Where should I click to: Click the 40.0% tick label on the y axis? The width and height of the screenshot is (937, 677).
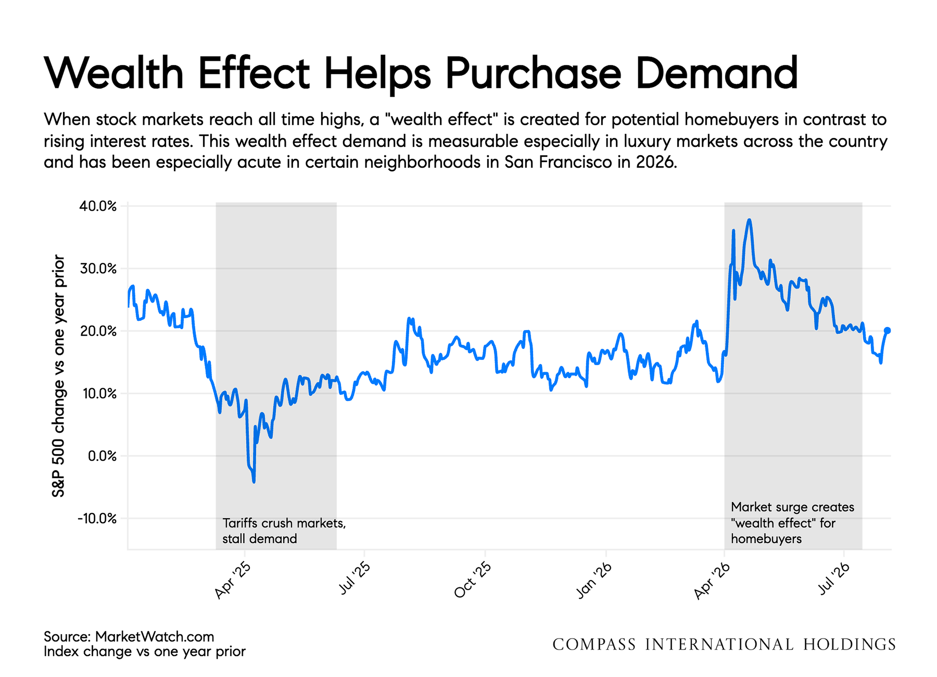pyautogui.click(x=98, y=206)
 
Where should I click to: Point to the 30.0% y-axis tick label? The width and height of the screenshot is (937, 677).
pyautogui.click(x=98, y=269)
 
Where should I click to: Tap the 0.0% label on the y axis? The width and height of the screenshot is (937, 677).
pyautogui.click(x=102, y=456)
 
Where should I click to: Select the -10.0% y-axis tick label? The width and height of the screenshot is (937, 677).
pyautogui.click(x=97, y=518)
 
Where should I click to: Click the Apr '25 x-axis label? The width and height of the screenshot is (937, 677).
pyautogui.click(x=233, y=580)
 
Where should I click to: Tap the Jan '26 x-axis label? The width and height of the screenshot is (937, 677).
pyautogui.click(x=594, y=580)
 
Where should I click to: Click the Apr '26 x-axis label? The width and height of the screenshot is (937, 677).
pyautogui.click(x=712, y=581)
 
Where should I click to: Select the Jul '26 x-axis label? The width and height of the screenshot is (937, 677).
pyautogui.click(x=834, y=579)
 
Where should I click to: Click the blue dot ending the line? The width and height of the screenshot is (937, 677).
pyautogui.click(x=887, y=330)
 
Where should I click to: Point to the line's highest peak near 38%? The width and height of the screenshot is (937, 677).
pyautogui.click(x=749, y=220)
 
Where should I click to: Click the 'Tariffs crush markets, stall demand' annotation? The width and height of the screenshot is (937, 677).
pyautogui.click(x=284, y=531)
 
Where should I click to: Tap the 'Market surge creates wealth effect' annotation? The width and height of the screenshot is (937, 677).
pyautogui.click(x=792, y=523)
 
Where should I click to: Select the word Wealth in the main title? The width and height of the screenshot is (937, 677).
pyautogui.click(x=114, y=73)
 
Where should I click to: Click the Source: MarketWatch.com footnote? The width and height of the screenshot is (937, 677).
pyautogui.click(x=129, y=637)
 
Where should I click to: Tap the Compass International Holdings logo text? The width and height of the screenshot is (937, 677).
pyautogui.click(x=724, y=645)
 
